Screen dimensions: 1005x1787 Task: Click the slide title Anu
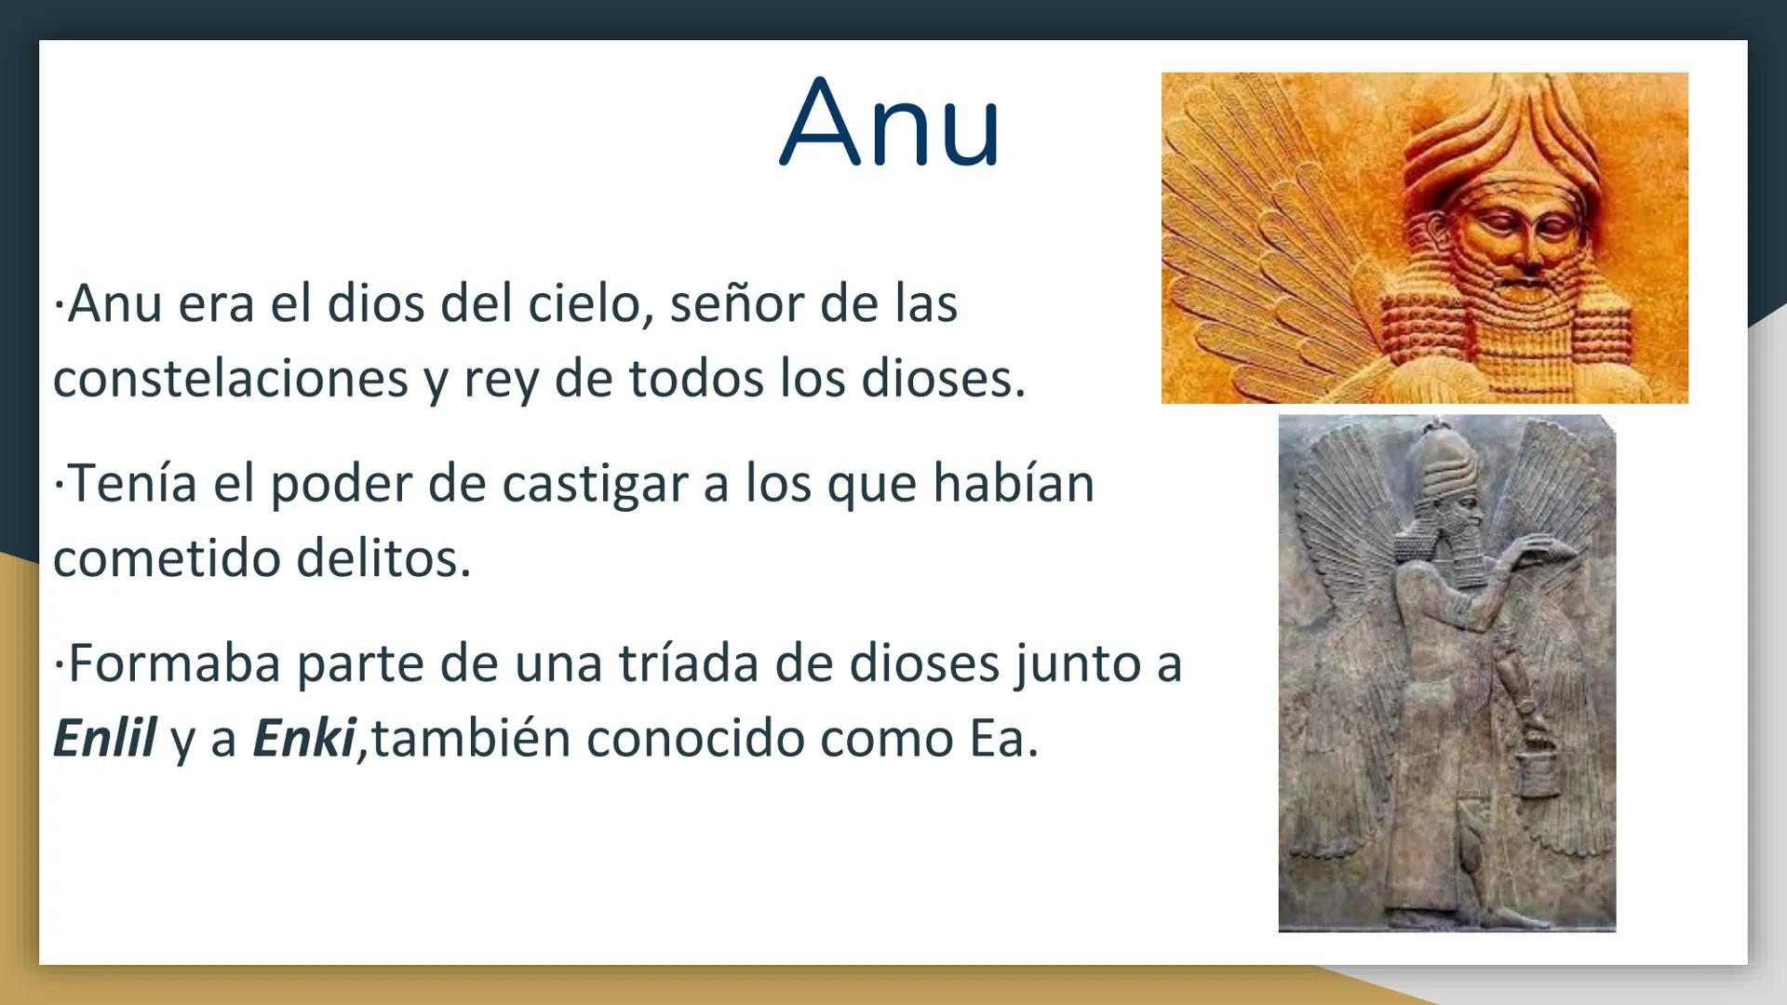(890, 124)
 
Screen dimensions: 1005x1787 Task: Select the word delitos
(383, 558)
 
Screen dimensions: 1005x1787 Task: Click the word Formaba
(174, 663)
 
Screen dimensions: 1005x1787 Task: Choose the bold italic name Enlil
(104, 739)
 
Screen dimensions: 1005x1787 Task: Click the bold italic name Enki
(304, 739)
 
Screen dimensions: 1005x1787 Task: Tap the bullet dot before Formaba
(59, 664)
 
